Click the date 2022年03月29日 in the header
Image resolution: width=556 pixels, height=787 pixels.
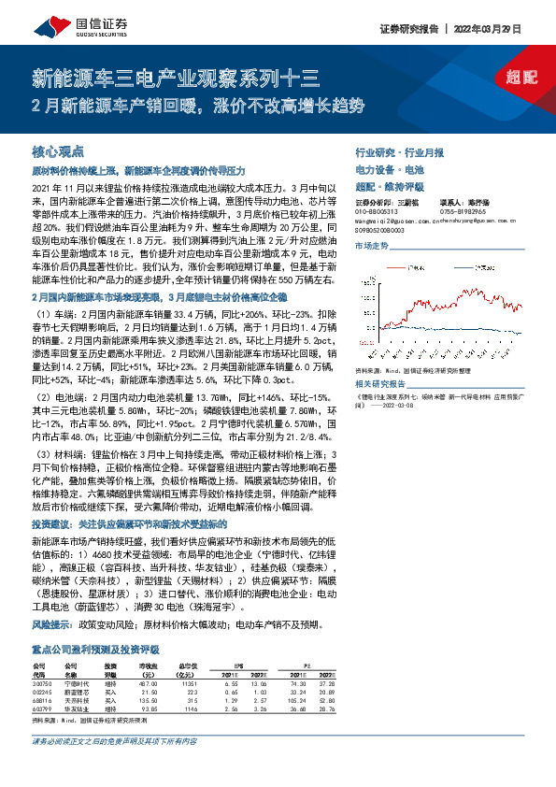(508, 27)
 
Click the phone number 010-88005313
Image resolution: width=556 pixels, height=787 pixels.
(378, 211)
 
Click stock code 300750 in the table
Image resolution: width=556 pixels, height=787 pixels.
(43, 683)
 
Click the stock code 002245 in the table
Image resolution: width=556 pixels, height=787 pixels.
(43, 692)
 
